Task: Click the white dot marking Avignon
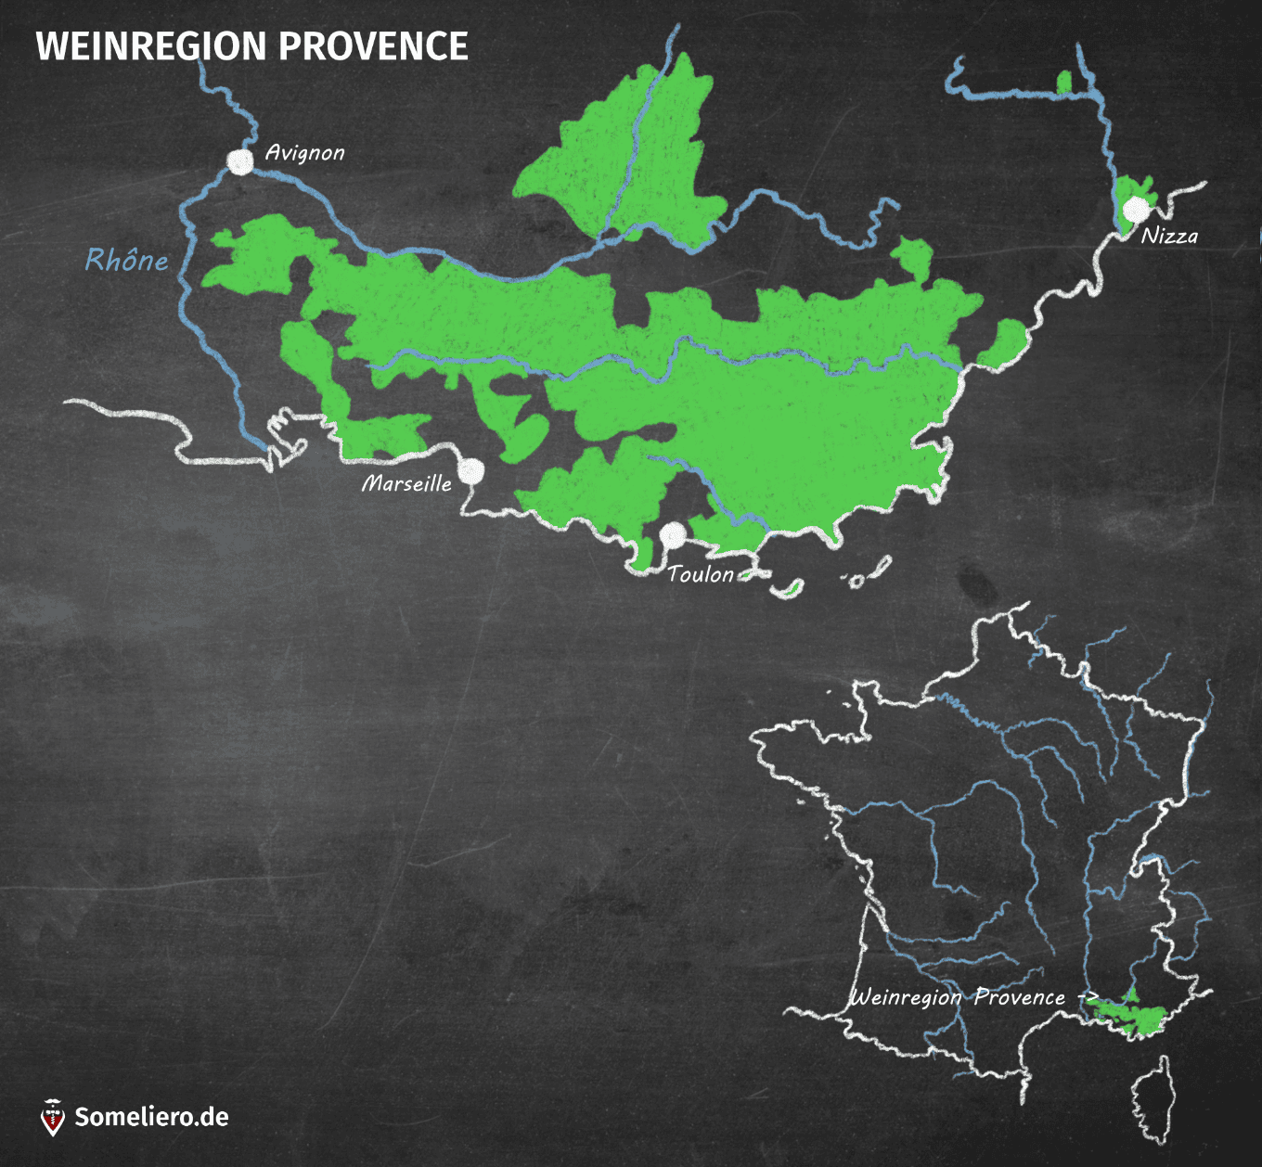click(240, 161)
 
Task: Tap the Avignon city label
click(304, 152)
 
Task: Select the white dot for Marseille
click(471, 470)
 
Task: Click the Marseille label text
click(406, 483)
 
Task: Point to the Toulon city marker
click(673, 535)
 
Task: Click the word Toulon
click(701, 574)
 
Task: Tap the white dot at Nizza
click(1135, 209)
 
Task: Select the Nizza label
click(1169, 236)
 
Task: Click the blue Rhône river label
click(127, 260)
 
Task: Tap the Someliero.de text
click(151, 1116)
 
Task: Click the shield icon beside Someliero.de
click(53, 1117)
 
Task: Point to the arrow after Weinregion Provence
click(1088, 997)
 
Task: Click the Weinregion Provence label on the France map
click(958, 997)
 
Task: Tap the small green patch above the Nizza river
click(1064, 82)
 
